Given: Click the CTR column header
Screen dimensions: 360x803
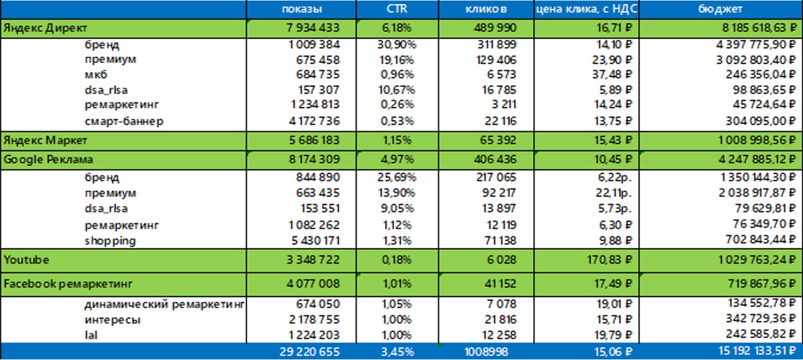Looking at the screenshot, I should coord(397,9).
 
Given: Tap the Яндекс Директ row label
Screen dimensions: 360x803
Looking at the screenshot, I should coord(45,29).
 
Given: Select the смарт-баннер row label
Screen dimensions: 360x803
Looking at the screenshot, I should coord(124,121).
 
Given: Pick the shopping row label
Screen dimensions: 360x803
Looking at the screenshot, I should coord(111,241).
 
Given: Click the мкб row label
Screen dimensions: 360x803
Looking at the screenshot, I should coord(96,75).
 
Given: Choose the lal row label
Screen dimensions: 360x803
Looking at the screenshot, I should coord(90,335).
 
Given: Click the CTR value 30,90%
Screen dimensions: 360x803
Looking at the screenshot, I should coord(397,45).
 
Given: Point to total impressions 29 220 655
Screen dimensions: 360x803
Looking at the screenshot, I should coord(310,352).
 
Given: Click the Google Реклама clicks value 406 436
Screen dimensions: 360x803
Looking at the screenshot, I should coord(491,160).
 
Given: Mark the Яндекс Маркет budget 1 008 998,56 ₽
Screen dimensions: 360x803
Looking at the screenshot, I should coord(746,139).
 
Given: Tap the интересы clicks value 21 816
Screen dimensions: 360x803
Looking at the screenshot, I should coord(495,320).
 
